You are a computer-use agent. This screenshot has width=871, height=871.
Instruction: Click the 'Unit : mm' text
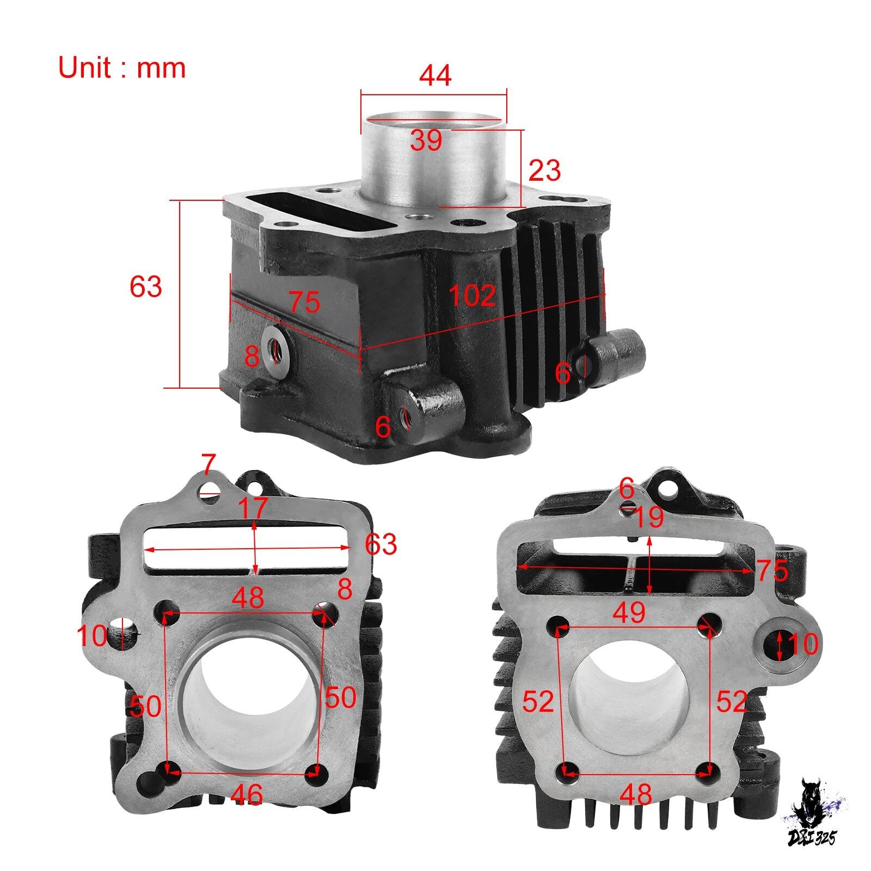pyautogui.click(x=122, y=68)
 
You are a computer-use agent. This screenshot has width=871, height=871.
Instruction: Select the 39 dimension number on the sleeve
pyautogui.click(x=426, y=141)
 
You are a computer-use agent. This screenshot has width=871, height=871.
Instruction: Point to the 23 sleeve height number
pyautogui.click(x=544, y=171)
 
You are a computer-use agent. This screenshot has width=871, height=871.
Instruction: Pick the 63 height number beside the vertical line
pyautogui.click(x=145, y=286)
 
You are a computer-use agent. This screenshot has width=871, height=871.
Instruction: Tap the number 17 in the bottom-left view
pyautogui.click(x=253, y=508)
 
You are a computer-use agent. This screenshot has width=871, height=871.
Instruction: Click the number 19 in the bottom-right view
pyautogui.click(x=648, y=518)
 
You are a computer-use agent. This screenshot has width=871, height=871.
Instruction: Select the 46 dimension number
pyautogui.click(x=247, y=795)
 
